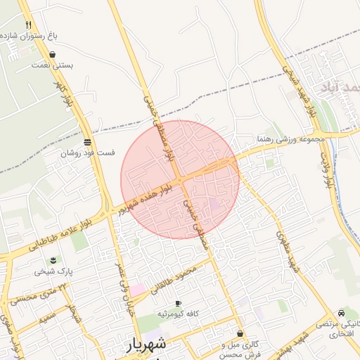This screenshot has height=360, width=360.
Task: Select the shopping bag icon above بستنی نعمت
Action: pos(53,53)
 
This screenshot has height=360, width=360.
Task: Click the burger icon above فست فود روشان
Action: pos(87,141)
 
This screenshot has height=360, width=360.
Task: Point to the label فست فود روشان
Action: pos(87,152)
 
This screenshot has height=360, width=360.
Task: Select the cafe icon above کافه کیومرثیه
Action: pos(178,302)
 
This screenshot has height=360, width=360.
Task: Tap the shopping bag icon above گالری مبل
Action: pos(240,333)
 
